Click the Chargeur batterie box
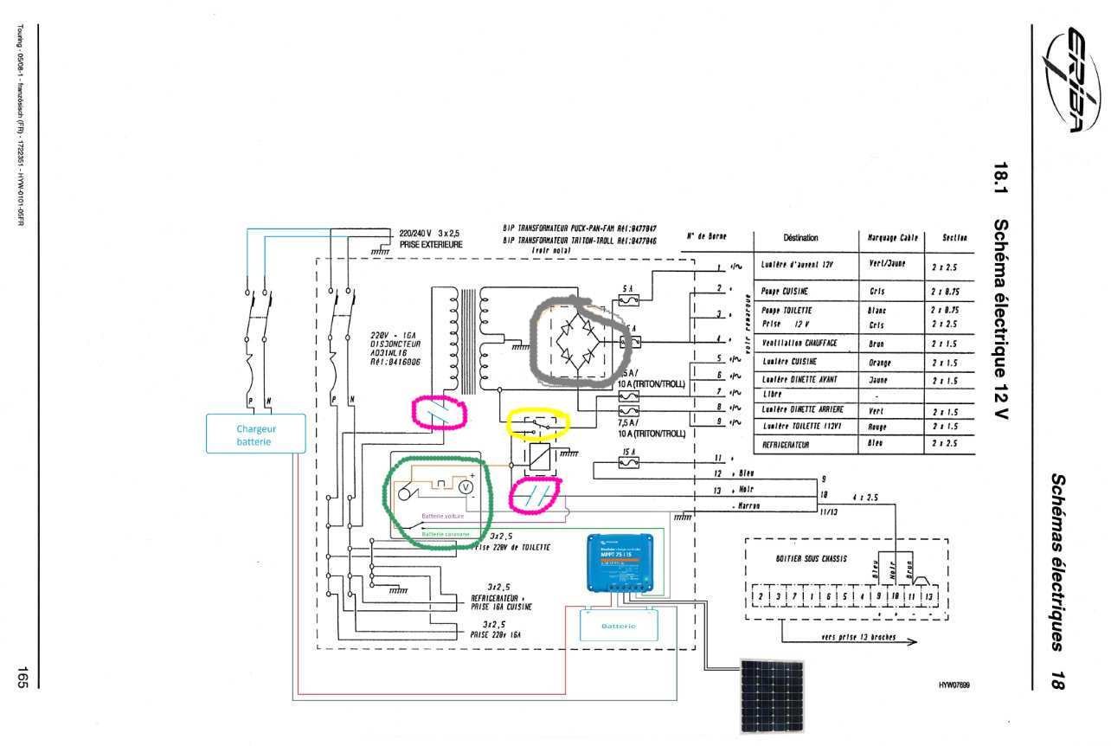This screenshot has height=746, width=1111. (255, 434)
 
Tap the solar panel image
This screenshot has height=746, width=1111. (770, 696)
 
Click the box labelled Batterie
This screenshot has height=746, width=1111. (618, 625)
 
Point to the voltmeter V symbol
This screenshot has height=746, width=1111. (467, 488)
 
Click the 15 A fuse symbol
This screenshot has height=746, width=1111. (629, 464)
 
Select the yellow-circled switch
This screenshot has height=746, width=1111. (538, 424)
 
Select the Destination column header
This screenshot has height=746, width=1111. (800, 237)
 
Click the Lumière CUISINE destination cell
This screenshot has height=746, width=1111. (790, 362)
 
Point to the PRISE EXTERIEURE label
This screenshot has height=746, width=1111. (431, 245)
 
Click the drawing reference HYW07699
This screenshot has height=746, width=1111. (954, 685)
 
